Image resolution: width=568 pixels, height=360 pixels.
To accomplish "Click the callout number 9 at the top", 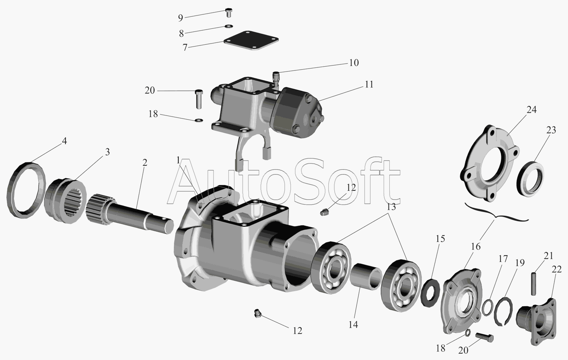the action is click(180, 17).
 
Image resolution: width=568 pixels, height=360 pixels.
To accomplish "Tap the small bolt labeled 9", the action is click(229, 13).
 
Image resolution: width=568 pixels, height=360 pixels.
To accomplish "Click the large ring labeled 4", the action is click(26, 189).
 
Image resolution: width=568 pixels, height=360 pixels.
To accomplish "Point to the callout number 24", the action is click(531, 110).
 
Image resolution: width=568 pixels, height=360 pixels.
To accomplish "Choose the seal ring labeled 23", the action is click(530, 177).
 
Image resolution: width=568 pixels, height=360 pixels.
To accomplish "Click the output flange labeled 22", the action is click(536, 320).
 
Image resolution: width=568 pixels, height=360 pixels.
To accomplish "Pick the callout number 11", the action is click(369, 84).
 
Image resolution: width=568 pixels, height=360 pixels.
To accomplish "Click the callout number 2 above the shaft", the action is click(145, 162).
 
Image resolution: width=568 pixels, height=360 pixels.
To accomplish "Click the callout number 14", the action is click(353, 324).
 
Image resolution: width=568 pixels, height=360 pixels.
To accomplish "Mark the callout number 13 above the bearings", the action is click(391, 207).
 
